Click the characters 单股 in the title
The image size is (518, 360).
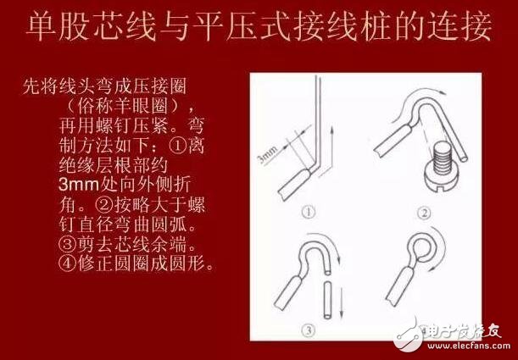tap(53, 27)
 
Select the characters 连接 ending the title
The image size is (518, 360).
tap(461, 27)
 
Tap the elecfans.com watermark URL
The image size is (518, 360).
tap(466, 346)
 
